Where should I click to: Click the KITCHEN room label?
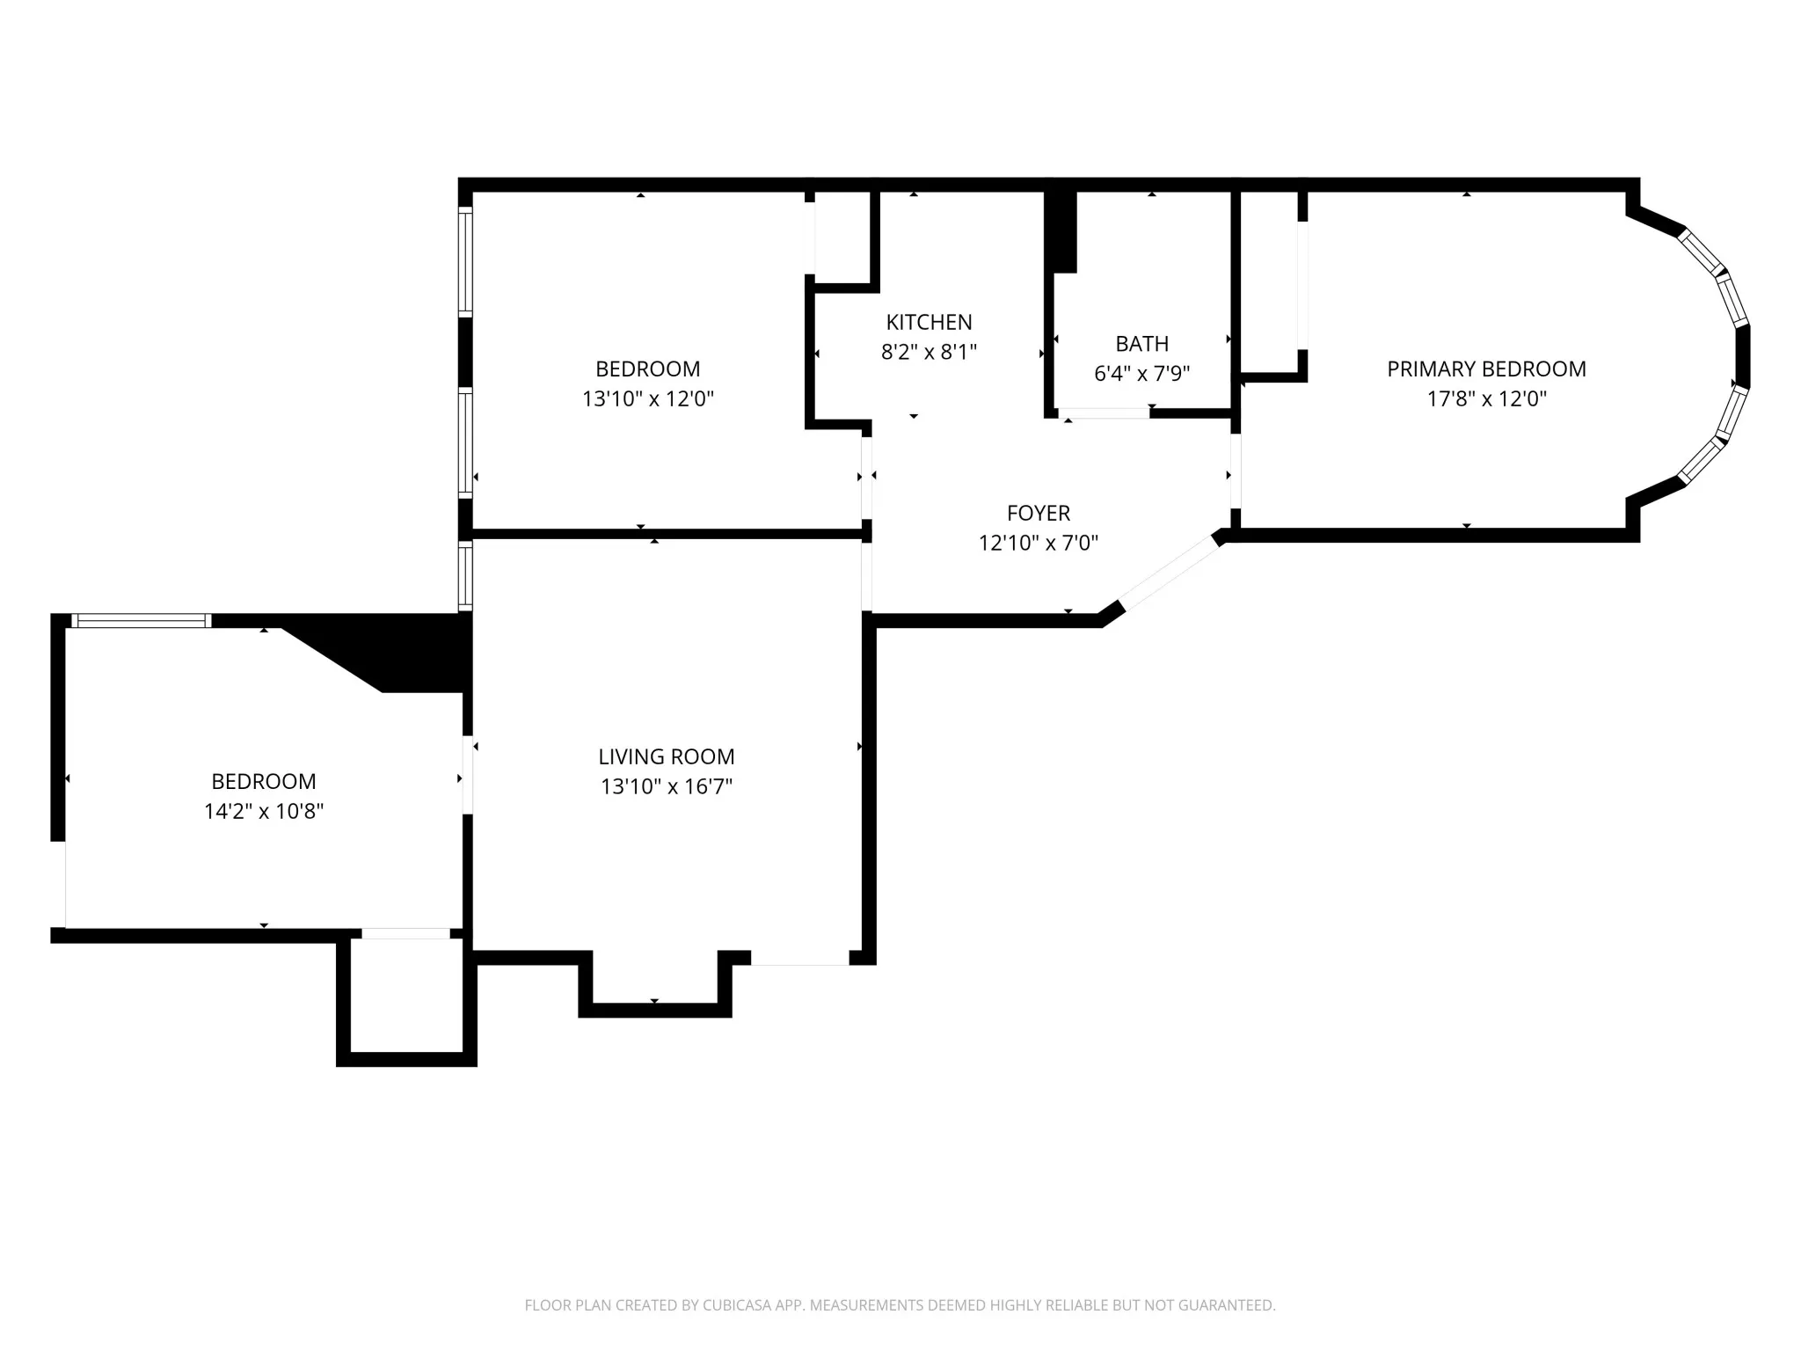pos(929,322)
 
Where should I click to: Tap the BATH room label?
pos(1141,344)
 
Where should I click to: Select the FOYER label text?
pos(1039,513)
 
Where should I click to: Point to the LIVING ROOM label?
pos(667,756)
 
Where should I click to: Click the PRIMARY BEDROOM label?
pos(1486,369)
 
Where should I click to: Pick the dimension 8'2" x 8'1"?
pos(929,352)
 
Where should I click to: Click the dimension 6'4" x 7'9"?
pos(1141,374)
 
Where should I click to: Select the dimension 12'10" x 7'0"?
pos(1039,543)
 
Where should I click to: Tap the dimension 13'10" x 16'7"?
pos(667,786)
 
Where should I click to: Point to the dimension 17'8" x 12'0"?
pos(1486,398)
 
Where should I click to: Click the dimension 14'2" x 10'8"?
pos(264,811)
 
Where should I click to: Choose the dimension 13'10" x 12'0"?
pos(648,398)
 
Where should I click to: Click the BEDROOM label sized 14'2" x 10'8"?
pos(264,781)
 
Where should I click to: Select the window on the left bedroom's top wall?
pos(141,621)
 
